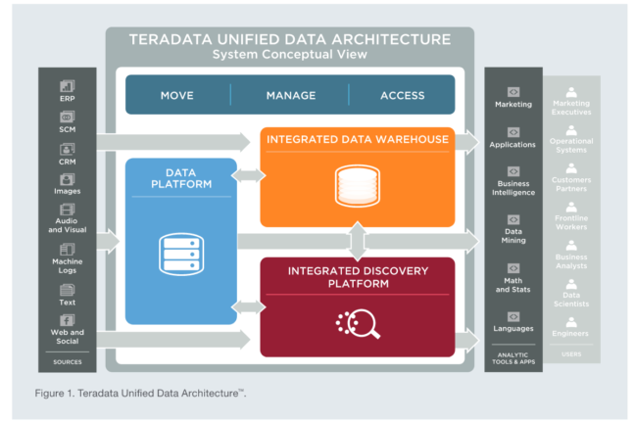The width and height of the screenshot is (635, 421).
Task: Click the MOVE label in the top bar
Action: (x=178, y=95)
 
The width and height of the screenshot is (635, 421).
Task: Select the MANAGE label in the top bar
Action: (x=291, y=95)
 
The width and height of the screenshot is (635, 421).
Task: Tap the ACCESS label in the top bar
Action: (x=402, y=95)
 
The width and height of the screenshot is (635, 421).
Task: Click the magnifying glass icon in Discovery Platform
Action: (x=354, y=320)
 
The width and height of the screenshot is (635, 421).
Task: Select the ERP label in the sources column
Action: (x=67, y=99)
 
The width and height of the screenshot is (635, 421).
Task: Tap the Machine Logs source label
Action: (x=67, y=266)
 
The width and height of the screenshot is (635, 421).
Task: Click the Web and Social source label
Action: (x=67, y=338)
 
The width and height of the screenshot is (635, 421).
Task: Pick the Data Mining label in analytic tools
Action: (x=513, y=235)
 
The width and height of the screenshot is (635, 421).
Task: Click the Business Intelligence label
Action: (x=513, y=188)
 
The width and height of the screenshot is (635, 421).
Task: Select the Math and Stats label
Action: (x=513, y=285)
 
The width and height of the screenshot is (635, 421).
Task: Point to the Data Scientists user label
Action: (x=571, y=299)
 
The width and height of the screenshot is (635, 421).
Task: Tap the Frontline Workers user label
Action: (x=571, y=223)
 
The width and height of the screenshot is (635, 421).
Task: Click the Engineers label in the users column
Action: (x=571, y=334)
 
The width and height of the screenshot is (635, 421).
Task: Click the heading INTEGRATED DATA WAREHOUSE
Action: (x=358, y=140)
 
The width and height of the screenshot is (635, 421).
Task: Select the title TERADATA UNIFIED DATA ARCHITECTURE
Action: (x=290, y=40)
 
